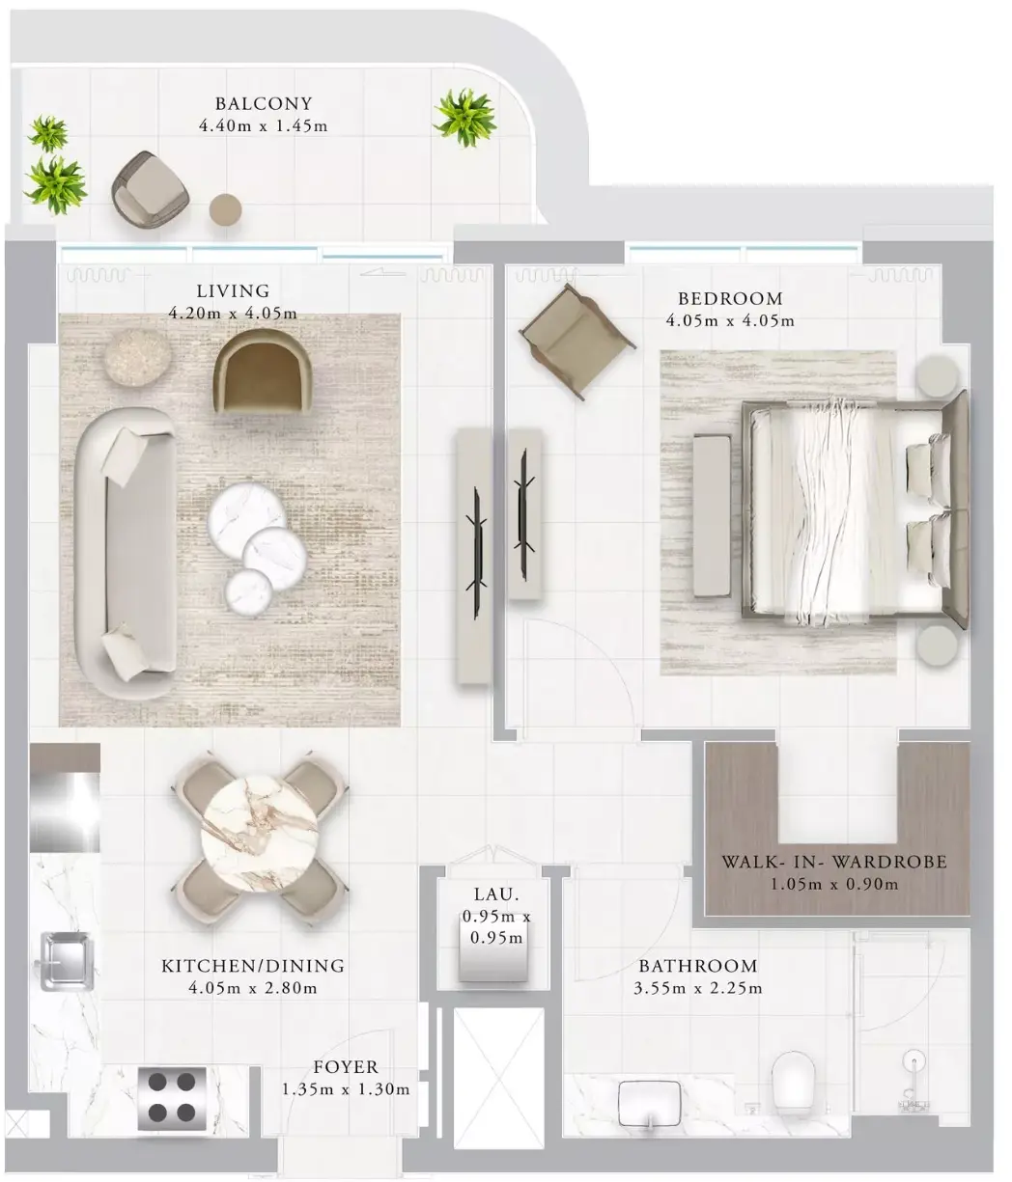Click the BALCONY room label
pos(264,103)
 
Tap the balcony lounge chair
pos(150,188)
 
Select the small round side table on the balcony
pos(225,209)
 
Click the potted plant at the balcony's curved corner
pos(464,118)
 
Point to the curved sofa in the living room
pos(126,553)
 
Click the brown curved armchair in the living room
pos(262,371)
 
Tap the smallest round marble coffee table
pos(248,592)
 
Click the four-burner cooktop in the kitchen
pos(172,1095)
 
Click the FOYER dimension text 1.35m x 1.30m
pos(346,1088)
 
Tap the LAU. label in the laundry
pos(496,894)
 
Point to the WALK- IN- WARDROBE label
pos(834,862)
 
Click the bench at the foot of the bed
pos(712,516)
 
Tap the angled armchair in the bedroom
pos(577,342)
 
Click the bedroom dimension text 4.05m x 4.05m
pos(730,320)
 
